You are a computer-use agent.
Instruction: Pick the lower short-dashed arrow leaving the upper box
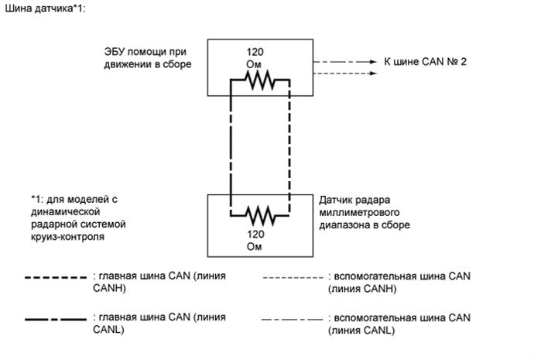(337, 74)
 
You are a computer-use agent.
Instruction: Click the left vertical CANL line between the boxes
(231, 143)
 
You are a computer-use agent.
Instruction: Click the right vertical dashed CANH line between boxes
(289, 143)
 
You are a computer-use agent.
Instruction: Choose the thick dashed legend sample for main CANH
(56, 276)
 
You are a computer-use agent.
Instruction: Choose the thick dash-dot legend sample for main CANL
(56, 318)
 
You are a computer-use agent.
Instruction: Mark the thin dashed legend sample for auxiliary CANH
(292, 276)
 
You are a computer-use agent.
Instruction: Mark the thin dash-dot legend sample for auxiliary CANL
(292, 318)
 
